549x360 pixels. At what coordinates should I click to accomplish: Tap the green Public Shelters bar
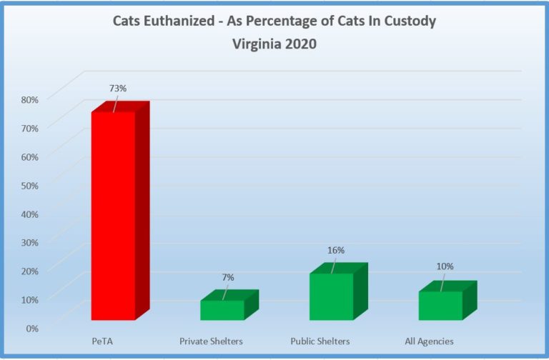pyautogui.click(x=331, y=296)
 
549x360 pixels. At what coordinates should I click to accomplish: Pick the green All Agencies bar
pyautogui.click(x=440, y=305)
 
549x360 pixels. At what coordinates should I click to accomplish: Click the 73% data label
pyautogui.click(x=118, y=88)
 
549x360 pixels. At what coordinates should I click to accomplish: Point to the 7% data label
pyautogui.click(x=227, y=276)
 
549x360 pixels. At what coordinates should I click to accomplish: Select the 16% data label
pyautogui.click(x=336, y=250)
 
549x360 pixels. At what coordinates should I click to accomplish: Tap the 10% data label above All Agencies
pyautogui.click(x=445, y=266)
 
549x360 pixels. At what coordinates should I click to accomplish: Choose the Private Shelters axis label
pyautogui.click(x=211, y=341)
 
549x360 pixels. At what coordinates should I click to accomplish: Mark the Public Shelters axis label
pyautogui.click(x=320, y=341)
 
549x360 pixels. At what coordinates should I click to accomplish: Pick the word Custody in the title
pyautogui.click(x=409, y=21)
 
